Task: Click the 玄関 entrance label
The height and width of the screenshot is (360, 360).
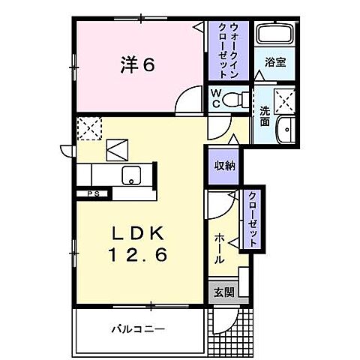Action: coord(223,292)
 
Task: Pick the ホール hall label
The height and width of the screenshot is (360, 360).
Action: coord(218,247)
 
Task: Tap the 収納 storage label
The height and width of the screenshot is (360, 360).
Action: coord(223,165)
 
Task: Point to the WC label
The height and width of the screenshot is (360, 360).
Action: coord(215,98)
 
